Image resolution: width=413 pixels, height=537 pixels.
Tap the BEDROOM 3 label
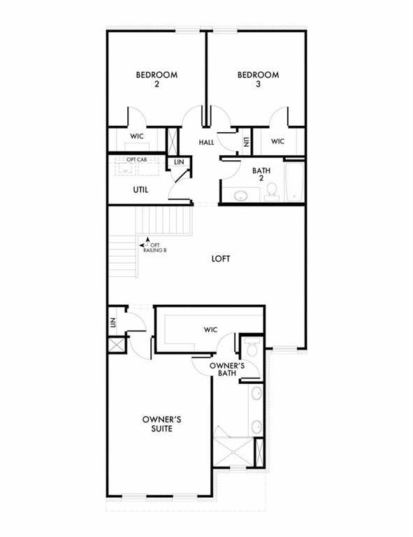(258, 79)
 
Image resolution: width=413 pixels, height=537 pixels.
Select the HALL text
(206, 142)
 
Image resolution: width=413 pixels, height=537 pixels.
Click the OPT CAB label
(136, 159)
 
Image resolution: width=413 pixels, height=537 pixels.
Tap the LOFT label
(222, 258)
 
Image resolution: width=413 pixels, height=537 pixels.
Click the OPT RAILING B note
(154, 247)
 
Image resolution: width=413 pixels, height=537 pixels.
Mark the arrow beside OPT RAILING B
(143, 244)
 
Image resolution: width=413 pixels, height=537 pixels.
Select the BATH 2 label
(261, 173)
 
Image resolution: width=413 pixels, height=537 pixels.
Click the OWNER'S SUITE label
(163, 423)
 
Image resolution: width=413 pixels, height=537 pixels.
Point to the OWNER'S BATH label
(226, 369)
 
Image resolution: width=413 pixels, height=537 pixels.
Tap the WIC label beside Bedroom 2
(137, 137)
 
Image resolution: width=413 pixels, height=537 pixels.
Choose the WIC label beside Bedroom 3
(277, 141)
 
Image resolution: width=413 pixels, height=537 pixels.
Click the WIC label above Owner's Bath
(211, 329)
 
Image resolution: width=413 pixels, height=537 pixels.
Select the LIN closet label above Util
(179, 162)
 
